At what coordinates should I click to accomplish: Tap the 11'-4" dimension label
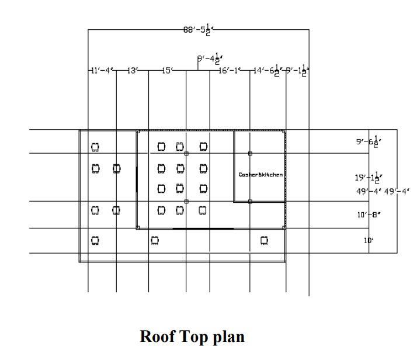tap(102, 71)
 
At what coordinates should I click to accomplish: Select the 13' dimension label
tap(133, 71)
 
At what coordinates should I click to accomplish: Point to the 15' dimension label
tap(167, 71)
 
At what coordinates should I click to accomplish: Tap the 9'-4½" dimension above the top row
tap(210, 58)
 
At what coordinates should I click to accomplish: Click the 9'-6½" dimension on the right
tap(369, 141)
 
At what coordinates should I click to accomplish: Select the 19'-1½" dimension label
tap(369, 177)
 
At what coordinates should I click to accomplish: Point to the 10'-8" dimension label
tap(369, 215)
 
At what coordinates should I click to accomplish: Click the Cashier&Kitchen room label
tap(260, 175)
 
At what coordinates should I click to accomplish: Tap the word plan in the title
tap(228, 337)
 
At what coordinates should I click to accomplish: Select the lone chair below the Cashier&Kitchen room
tap(264, 240)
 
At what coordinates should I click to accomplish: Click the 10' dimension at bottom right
tap(369, 240)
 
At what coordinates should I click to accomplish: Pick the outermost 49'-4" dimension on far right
tap(397, 191)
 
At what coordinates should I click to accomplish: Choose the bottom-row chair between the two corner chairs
tap(155, 240)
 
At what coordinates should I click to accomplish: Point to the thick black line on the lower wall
tap(203, 229)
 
